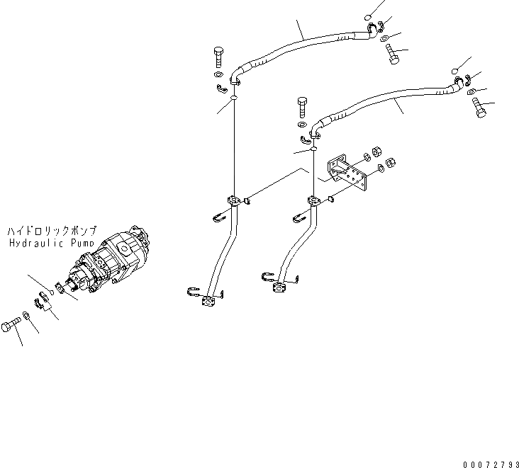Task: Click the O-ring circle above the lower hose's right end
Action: point(453,69)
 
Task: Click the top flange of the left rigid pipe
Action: point(232,201)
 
